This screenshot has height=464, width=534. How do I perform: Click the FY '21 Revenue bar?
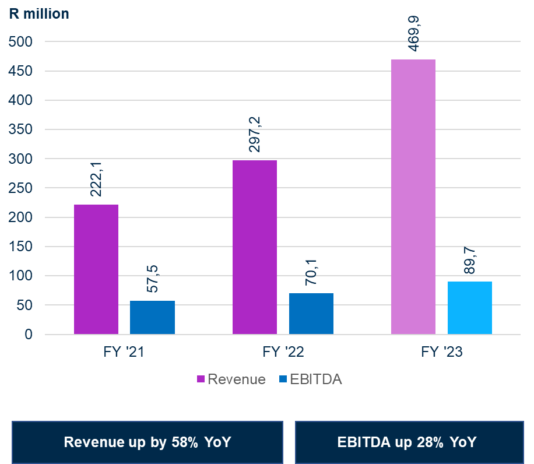pos(96,269)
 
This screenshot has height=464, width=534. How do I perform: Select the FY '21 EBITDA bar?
pos(152,318)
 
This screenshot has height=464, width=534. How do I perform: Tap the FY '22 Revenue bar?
pos(255,247)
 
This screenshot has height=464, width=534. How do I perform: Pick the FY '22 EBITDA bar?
pos(311,314)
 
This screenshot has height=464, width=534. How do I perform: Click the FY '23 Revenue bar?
pos(413,197)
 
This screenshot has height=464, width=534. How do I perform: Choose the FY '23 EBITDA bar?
pos(470,308)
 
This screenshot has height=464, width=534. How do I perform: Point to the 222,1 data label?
pos(96,180)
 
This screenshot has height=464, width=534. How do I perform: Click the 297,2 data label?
pos(255,135)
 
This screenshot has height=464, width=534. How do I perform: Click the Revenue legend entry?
pos(231,379)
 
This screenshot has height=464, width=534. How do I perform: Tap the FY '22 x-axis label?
pos(283,352)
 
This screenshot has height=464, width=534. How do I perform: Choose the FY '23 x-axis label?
pos(441,352)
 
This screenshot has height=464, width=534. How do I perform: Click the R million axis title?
pos(38,13)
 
